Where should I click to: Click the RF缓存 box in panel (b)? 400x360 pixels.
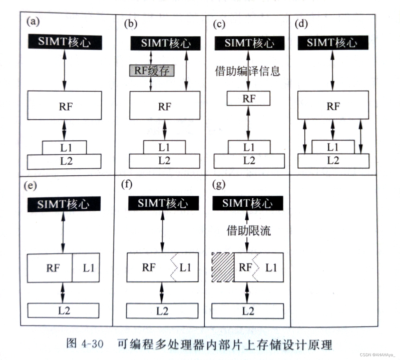pyautogui.click(x=152, y=70)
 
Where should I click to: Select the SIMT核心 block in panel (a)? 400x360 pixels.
pyautogui.click(x=65, y=42)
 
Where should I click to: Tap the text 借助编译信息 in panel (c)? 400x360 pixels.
pyautogui.click(x=248, y=71)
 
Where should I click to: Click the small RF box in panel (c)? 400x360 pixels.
pyautogui.click(x=248, y=99)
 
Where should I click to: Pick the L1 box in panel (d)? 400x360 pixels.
pyautogui.click(x=333, y=147)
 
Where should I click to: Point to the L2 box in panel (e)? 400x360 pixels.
pyautogui.click(x=63, y=311)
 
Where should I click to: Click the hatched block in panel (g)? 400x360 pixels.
pyautogui.click(x=223, y=267)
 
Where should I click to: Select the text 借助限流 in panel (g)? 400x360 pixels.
pyautogui.click(x=248, y=231)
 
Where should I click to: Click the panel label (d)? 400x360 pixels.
pyautogui.click(x=301, y=24)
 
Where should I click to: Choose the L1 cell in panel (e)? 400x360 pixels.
pyautogui.click(x=86, y=268)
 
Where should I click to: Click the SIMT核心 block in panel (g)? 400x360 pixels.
pyautogui.click(x=248, y=203)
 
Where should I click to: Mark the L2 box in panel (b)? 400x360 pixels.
pyautogui.click(x=164, y=161)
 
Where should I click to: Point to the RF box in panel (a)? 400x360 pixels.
pyautogui.click(x=65, y=106)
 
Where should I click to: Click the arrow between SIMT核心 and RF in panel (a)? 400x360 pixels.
pyautogui.click(x=64, y=70)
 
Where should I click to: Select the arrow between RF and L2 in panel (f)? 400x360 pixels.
pyautogui.click(x=161, y=293)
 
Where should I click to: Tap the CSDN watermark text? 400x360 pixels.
pyautogui.click(x=377, y=355)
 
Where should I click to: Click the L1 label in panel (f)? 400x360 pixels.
pyautogui.click(x=185, y=267)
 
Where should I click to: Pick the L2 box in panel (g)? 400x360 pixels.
pyautogui.click(x=248, y=311)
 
